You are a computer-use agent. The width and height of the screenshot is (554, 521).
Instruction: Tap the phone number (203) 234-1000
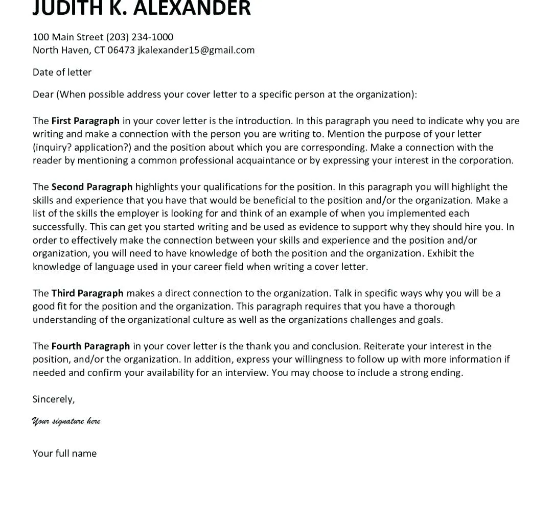[140, 37]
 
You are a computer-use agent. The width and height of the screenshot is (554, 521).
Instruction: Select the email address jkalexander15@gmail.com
[196, 50]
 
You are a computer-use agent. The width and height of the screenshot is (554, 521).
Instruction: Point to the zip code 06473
[121, 50]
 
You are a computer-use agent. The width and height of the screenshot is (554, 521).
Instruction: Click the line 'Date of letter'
[62, 73]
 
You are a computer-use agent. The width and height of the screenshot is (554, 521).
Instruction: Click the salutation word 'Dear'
[43, 94]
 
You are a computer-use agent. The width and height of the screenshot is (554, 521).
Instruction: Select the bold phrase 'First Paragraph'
[85, 121]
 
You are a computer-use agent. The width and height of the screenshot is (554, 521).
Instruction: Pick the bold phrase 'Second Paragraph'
[92, 187]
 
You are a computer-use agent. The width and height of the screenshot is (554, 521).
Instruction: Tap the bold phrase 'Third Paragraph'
[87, 293]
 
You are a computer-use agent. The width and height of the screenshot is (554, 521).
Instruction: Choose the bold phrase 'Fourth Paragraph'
[90, 346]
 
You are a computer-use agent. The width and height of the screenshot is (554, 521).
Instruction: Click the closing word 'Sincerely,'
[54, 399]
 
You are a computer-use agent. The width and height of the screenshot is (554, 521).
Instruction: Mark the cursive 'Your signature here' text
[66, 421]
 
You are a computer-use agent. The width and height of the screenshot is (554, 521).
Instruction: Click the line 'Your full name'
[64, 454]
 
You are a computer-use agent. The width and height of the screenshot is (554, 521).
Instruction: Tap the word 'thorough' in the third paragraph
[434, 306]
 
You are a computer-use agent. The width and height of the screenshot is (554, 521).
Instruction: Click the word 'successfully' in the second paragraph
[59, 227]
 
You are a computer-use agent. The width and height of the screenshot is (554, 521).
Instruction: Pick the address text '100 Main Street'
[68, 37]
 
